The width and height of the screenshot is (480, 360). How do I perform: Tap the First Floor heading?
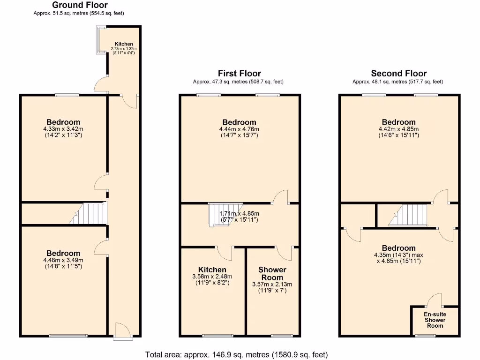click(x=239, y=73)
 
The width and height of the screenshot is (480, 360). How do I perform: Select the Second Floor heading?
click(x=398, y=73)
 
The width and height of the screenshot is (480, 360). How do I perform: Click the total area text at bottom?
click(x=237, y=354)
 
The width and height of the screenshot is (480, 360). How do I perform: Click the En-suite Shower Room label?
click(x=435, y=320)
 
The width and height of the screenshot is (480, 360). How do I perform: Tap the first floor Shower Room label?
click(x=272, y=273)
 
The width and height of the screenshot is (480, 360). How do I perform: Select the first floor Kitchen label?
click(x=212, y=270)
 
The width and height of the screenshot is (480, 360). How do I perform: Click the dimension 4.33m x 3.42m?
click(x=63, y=129)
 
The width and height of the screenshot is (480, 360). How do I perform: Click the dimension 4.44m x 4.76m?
click(x=239, y=129)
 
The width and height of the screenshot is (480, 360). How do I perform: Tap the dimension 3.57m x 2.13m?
click(x=272, y=284)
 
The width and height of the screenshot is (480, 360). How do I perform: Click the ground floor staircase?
click(x=89, y=214)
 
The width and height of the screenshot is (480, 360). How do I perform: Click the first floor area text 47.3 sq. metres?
click(x=238, y=82)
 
